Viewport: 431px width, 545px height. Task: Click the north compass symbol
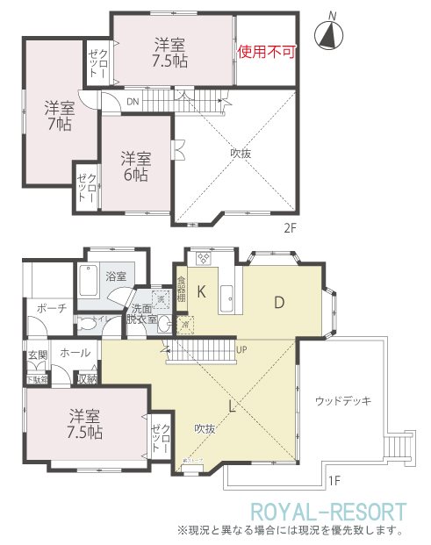pyautogui.click(x=330, y=33)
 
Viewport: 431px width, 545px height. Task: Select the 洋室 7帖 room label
pyautogui.click(x=60, y=116)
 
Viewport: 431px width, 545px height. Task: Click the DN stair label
pyautogui.click(x=132, y=102)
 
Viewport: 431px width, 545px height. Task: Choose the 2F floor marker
pyautogui.click(x=290, y=228)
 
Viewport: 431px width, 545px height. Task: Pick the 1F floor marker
pyautogui.click(x=334, y=480)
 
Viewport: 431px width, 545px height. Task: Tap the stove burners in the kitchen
pyautogui.click(x=204, y=258)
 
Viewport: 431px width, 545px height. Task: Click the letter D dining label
pyautogui.click(x=278, y=303)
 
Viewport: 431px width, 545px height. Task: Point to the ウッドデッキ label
pyautogui.click(x=342, y=400)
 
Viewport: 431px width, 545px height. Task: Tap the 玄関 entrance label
pyautogui.click(x=36, y=355)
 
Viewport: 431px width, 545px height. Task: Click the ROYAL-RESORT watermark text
pyautogui.click(x=328, y=511)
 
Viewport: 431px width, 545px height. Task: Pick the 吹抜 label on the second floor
pyautogui.click(x=242, y=151)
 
